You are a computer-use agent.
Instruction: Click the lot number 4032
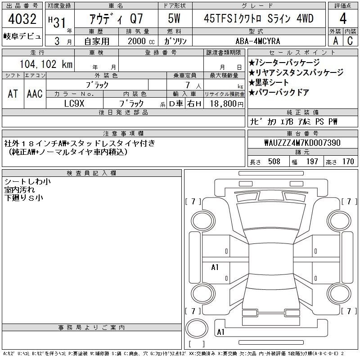(x=22, y=19)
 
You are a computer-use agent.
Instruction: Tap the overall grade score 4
(x=343, y=18)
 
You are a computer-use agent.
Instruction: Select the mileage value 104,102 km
(x=46, y=64)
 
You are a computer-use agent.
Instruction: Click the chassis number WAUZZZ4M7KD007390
(x=302, y=143)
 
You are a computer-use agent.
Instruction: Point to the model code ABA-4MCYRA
(x=258, y=41)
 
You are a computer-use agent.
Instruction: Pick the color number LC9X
(x=74, y=103)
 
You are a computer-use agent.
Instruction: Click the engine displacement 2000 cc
(x=141, y=41)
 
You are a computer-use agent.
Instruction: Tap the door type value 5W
(x=174, y=18)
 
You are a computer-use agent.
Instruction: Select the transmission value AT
(x=13, y=94)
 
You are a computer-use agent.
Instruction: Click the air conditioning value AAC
(x=35, y=94)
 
